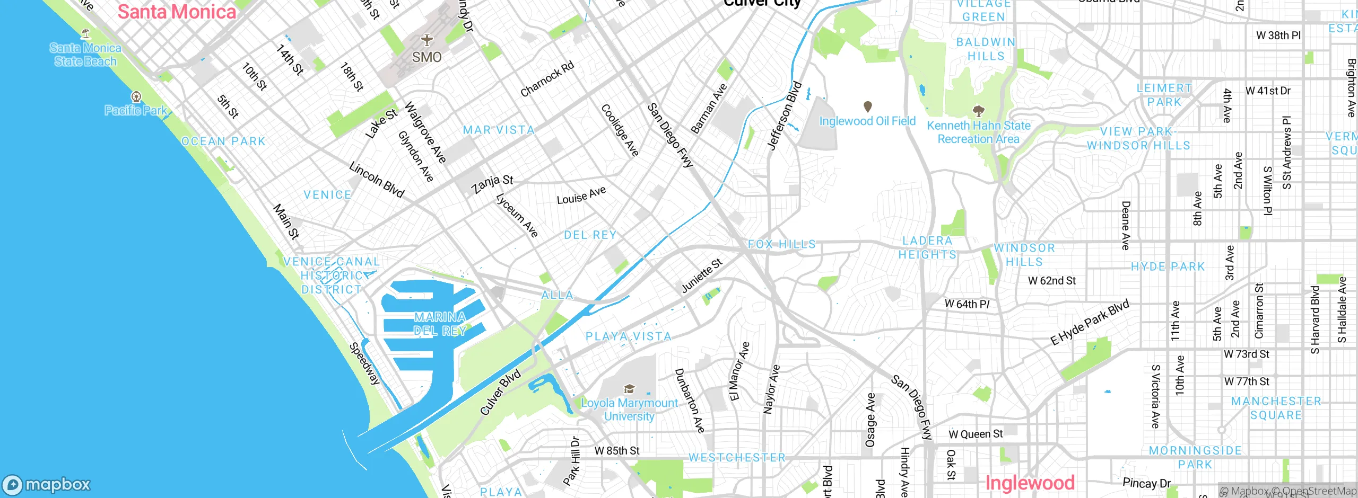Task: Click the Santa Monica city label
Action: tap(177, 12)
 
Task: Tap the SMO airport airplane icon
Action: tap(426, 40)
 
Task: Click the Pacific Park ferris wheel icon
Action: tap(136, 96)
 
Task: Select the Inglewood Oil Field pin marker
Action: tap(868, 106)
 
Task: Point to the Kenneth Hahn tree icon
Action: tap(978, 111)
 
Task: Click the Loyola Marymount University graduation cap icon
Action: tap(629, 389)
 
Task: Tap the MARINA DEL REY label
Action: tap(440, 324)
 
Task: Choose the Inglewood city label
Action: tap(1030, 483)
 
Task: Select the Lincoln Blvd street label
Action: tap(377, 180)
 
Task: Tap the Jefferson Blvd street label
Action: tap(785, 116)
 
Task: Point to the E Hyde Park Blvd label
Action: tap(1090, 323)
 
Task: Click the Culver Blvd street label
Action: tap(500, 392)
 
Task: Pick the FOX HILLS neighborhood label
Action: tap(781, 244)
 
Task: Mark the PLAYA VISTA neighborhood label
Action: tap(628, 336)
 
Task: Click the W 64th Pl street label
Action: tap(967, 304)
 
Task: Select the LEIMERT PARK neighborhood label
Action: tap(1164, 95)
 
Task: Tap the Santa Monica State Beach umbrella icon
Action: tap(85, 34)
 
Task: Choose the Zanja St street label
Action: tap(492, 183)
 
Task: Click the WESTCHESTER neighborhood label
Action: tap(736, 457)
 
